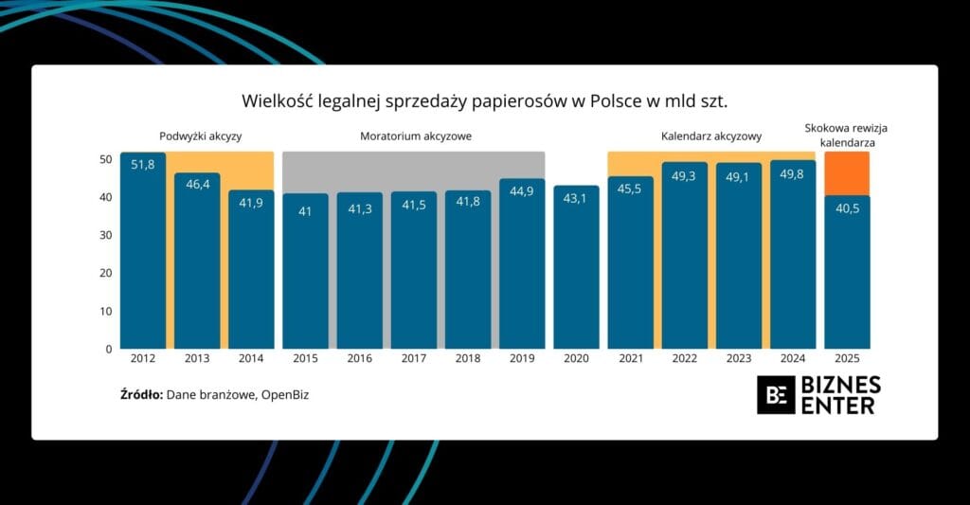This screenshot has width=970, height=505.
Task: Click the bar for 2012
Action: point(143,251)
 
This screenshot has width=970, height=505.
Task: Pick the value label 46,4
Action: point(197,185)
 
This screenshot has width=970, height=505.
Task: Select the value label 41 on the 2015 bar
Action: point(305,211)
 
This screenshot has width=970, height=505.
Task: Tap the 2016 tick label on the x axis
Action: point(359,359)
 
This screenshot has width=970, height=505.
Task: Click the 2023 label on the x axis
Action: point(739,359)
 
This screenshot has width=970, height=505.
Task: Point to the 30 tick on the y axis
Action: point(106,235)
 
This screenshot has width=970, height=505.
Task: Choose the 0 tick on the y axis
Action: point(109,349)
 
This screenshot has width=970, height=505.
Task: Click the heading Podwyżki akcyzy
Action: point(200,136)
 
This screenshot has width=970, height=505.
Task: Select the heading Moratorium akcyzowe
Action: point(415,136)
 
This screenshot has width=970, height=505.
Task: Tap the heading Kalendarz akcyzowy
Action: point(711,136)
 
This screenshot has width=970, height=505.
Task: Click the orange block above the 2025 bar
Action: point(847,173)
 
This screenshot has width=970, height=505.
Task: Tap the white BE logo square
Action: point(776,394)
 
